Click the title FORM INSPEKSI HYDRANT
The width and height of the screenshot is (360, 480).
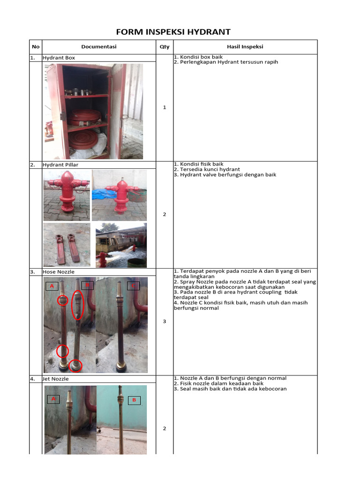pos(173,32)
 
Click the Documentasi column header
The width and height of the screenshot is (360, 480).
pos(98,47)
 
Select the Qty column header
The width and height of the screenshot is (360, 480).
pos(164,47)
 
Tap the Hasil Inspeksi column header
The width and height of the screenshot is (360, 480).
pos(245,47)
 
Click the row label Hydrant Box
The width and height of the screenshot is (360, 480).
pos(59,58)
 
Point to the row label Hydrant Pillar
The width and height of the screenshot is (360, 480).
pos(60,165)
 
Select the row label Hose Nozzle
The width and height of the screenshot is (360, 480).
pos(59,272)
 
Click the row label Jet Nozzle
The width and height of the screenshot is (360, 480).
pos(57,379)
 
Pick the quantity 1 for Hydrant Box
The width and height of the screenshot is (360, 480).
pos(164,108)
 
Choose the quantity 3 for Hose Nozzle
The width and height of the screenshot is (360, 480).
pos(164,322)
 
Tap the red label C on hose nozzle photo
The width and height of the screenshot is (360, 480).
pos(133,285)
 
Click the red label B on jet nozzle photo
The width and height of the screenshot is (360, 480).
pos(134,400)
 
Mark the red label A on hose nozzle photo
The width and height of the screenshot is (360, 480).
pos(52,286)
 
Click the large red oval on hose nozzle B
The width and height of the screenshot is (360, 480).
pos(78,305)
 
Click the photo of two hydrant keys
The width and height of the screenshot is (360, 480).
pos(67,245)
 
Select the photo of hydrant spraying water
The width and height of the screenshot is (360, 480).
pos(121,245)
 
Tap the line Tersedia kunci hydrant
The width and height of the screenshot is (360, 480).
pos(208,169)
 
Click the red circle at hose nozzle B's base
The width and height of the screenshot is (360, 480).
pos(75,365)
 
